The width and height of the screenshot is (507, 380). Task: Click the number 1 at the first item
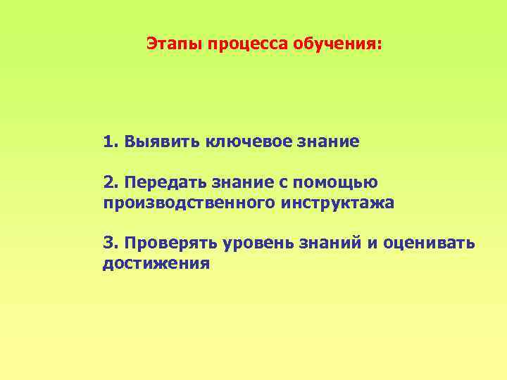[x=108, y=141]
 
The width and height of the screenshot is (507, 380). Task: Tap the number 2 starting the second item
[x=108, y=182]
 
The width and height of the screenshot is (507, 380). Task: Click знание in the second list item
[x=239, y=182]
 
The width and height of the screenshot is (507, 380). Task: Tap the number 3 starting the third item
[x=108, y=243]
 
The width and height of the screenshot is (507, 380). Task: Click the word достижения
[x=156, y=264]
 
